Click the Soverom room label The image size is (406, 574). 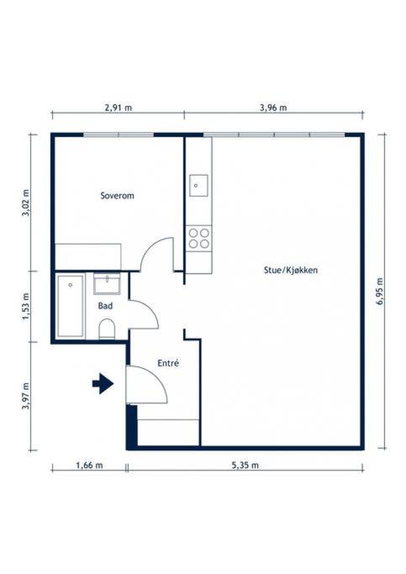[x=117, y=196]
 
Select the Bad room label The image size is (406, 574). [x=105, y=307]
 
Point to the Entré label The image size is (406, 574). [x=168, y=363]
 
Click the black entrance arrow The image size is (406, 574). [x=103, y=384]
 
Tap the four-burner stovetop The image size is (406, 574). [x=199, y=238]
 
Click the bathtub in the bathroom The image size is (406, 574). [x=71, y=306]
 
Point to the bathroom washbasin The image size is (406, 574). [x=107, y=283]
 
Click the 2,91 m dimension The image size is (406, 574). [x=119, y=108]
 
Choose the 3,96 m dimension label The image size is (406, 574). [x=273, y=108]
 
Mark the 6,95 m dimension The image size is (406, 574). [x=379, y=291]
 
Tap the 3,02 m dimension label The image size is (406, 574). [x=24, y=203]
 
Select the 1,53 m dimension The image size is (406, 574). [x=24, y=307]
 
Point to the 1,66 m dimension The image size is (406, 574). [x=88, y=465]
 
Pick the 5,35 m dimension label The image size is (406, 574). [x=245, y=465]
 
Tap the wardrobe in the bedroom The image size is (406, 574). [x=87, y=255]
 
